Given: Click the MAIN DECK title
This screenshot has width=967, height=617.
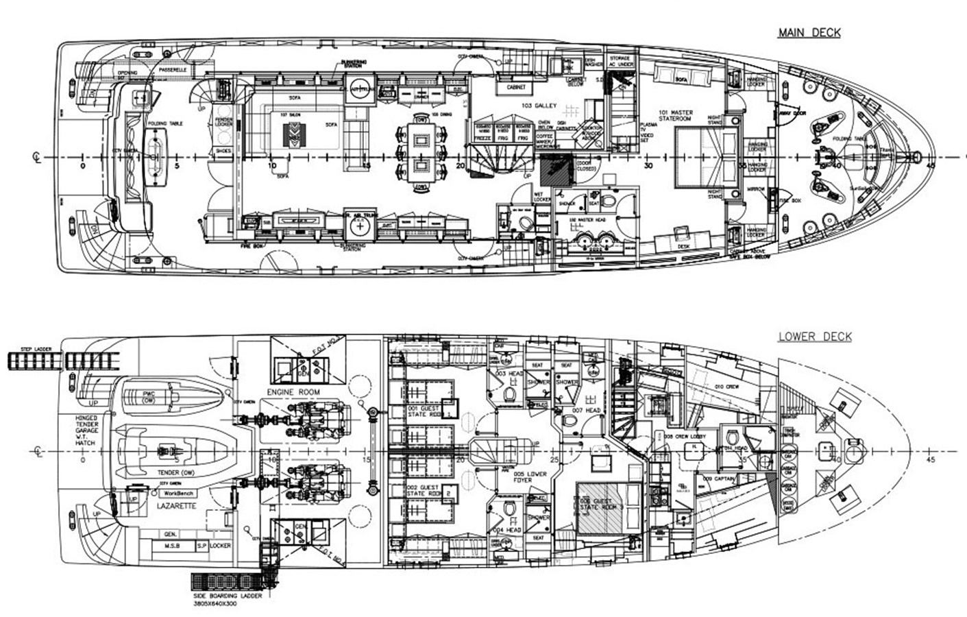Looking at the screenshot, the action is (809, 33).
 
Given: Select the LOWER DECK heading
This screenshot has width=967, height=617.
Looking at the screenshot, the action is (814, 337).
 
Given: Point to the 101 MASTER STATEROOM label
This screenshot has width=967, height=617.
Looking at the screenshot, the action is (676, 115).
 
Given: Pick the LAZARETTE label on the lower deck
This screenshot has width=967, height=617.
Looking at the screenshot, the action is (177, 506).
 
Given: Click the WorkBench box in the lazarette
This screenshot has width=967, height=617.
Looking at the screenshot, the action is (178, 493).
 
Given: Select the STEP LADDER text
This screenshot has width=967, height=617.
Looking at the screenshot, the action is (37, 349).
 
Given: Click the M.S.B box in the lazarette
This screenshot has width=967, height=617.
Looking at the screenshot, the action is (173, 546).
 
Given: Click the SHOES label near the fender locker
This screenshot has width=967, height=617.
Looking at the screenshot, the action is (223, 150).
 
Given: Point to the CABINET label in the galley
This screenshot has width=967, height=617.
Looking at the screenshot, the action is (516, 88).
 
